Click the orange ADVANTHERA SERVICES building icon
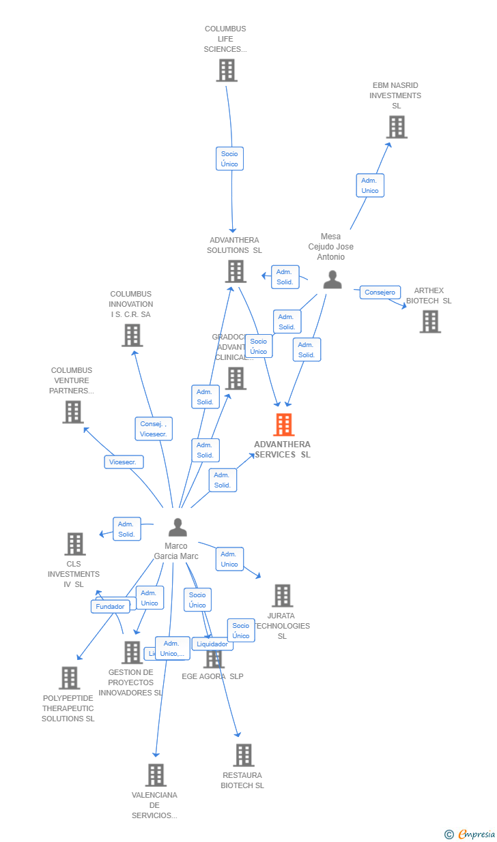[283, 425]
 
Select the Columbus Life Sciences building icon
[227, 70]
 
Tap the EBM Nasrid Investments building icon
[396, 127]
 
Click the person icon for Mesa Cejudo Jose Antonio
[332, 280]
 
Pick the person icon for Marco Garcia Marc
[177, 527]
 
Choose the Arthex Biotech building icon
[429, 322]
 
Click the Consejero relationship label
[380, 292]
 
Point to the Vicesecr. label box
[124, 462]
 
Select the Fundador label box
[110, 606]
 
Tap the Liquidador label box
[212, 644]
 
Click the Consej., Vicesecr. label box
[154, 429]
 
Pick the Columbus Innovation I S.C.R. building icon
[132, 335]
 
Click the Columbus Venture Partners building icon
[73, 412]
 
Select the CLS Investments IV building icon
[75, 544]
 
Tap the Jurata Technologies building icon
[282, 595]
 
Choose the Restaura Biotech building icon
[244, 755]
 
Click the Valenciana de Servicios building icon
[156, 775]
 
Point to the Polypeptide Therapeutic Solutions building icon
[69, 678]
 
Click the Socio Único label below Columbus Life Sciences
[229, 159]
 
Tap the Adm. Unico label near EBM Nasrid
[370, 185]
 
